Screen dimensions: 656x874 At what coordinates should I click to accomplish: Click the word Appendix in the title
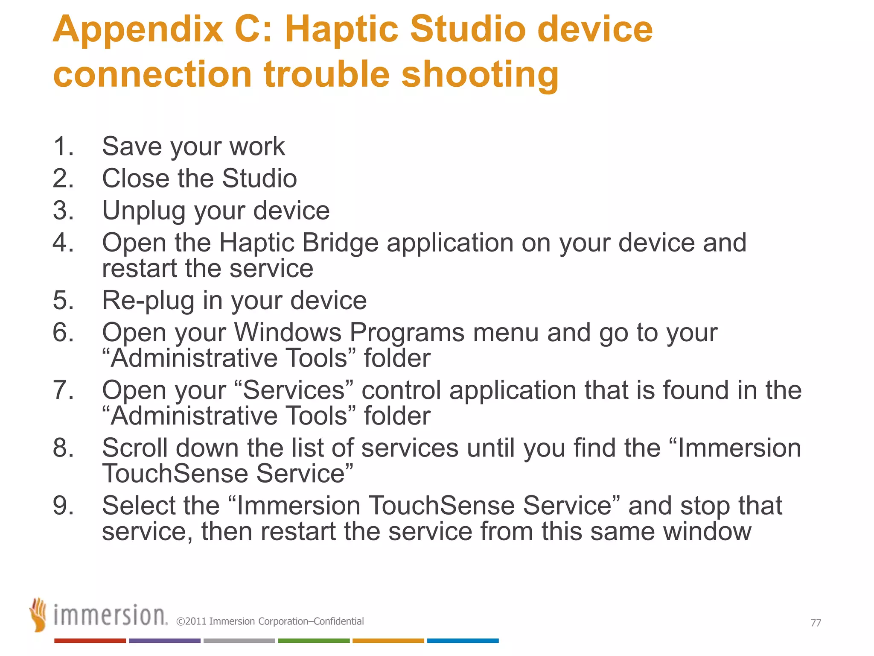click(x=138, y=30)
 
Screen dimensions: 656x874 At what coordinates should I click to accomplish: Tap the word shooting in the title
click(x=480, y=75)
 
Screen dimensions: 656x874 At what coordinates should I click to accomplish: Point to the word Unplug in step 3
click(x=143, y=211)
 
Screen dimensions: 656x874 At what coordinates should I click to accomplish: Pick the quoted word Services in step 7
click(x=294, y=390)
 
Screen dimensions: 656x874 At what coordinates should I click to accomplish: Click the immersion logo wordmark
click(x=110, y=616)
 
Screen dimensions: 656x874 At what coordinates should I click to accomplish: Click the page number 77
click(x=816, y=623)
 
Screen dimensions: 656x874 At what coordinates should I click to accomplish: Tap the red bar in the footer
click(x=90, y=641)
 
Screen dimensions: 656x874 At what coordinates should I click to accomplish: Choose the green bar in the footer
click(x=314, y=641)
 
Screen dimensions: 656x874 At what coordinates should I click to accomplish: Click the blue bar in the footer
click(x=463, y=641)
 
